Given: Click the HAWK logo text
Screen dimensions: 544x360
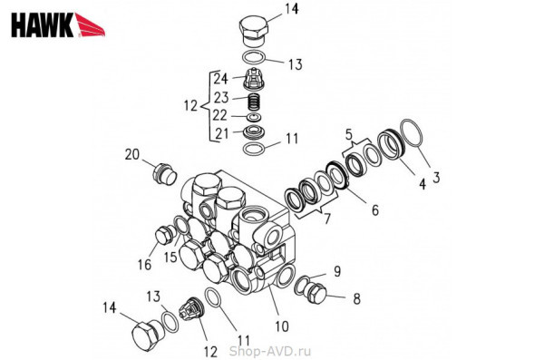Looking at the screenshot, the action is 43,24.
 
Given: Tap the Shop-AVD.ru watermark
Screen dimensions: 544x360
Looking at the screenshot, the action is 269,351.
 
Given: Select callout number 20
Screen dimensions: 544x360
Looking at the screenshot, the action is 131,154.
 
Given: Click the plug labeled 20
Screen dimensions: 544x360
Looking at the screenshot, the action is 164,174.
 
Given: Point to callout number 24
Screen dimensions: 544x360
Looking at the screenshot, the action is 220,79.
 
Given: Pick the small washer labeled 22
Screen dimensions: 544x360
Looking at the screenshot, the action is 255,117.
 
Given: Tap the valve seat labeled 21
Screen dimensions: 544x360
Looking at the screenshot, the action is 254,132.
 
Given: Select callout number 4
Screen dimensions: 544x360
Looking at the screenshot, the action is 422,184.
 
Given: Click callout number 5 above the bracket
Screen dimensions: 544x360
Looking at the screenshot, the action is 349,134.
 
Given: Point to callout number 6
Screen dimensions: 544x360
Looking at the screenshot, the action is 375,210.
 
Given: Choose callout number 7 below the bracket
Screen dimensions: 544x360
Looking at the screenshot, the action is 326,219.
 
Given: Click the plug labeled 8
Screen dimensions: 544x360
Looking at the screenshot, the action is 316,293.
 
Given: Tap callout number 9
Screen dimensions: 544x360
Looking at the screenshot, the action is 337,271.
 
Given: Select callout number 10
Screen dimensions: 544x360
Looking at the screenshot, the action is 282,326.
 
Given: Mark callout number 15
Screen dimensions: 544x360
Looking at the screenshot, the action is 170,258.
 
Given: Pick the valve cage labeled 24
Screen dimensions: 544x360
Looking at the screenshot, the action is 255,79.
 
